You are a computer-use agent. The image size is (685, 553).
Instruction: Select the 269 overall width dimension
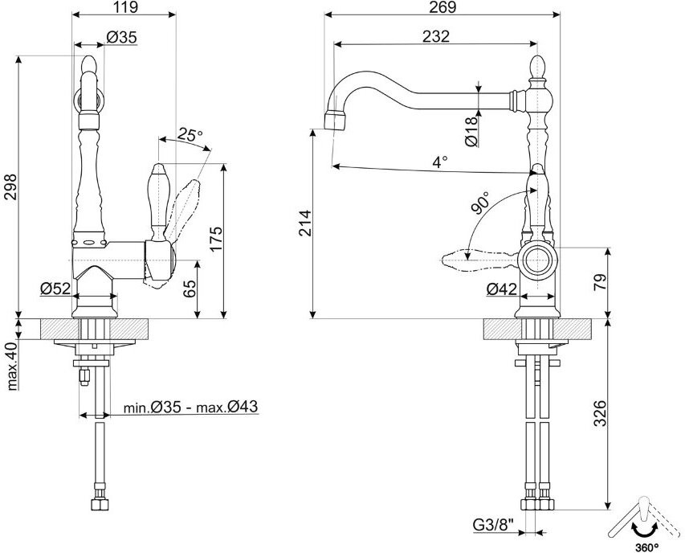coord(442,6)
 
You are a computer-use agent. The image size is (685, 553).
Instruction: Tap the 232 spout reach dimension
coord(435,36)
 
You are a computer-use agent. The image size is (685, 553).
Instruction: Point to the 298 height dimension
coord(10,186)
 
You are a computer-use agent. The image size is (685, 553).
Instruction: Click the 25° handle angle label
coord(190,134)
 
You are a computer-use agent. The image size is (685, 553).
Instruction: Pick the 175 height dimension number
coord(216,239)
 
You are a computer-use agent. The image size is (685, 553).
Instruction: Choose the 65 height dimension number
coord(190,289)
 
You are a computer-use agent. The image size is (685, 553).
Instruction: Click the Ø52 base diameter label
coord(55,288)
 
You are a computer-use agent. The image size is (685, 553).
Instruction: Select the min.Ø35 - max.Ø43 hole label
coord(191,407)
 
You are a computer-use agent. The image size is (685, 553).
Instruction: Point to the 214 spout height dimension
coord(305,223)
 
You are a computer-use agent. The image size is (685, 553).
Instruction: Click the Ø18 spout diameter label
coord(471,131)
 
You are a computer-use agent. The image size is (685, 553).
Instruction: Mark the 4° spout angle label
coord(440,162)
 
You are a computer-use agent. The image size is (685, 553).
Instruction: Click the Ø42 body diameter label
coord(502,289)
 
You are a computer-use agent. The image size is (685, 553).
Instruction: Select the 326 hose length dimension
coord(601,413)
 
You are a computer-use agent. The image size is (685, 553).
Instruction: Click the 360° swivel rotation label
coord(647,547)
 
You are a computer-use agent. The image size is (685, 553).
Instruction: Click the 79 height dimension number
coord(601,282)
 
